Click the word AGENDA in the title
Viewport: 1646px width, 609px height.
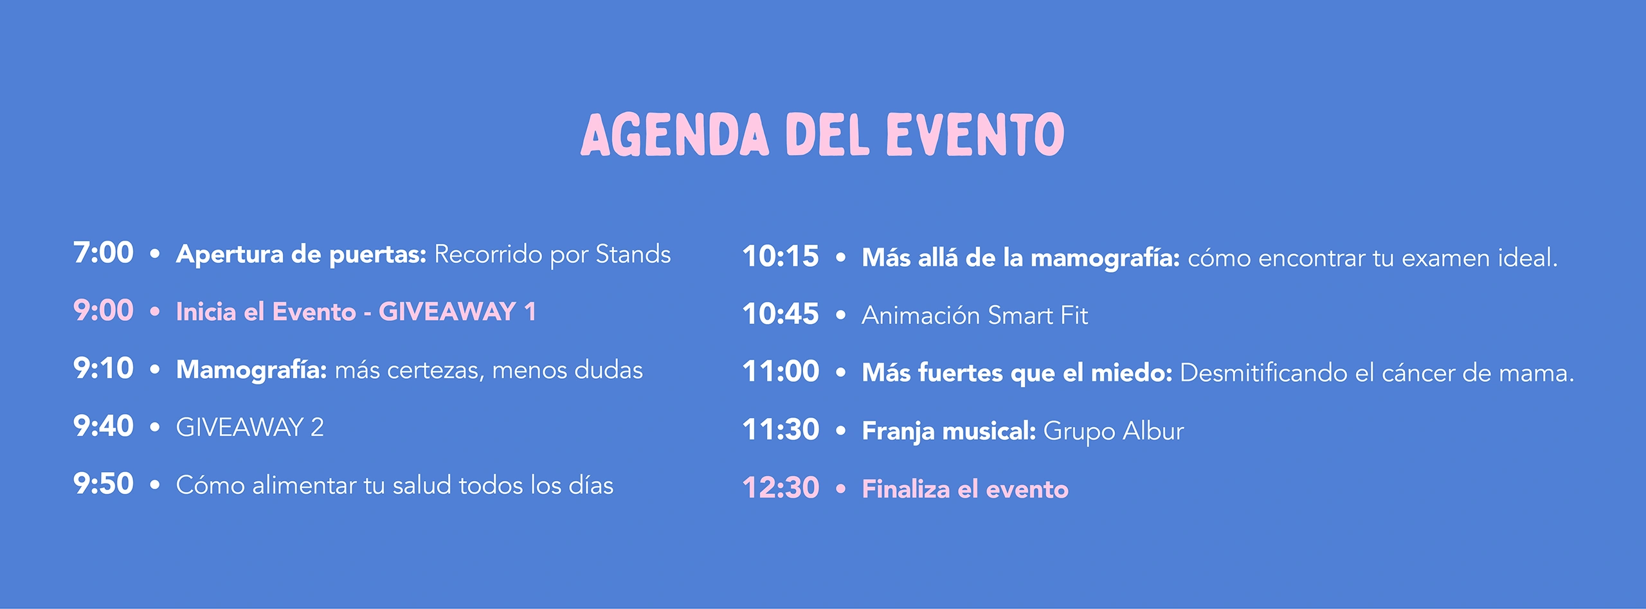tap(674, 134)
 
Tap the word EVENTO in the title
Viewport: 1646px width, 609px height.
tap(975, 134)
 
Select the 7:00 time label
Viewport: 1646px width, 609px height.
tap(104, 253)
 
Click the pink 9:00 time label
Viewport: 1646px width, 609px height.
tap(104, 311)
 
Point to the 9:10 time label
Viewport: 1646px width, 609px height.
tap(104, 368)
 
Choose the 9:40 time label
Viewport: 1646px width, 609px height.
tap(104, 426)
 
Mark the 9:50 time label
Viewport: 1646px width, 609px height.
tap(104, 484)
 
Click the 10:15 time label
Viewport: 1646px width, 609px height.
tap(781, 257)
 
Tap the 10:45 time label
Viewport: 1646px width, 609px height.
tap(781, 314)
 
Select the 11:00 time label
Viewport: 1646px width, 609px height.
tap(781, 372)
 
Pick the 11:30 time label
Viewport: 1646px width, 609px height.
tap(781, 430)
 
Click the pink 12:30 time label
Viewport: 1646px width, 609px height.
tap(781, 488)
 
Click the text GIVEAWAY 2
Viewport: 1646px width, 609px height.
tap(250, 428)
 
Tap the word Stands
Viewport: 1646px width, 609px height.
tap(633, 254)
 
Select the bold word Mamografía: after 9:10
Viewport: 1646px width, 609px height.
tap(252, 370)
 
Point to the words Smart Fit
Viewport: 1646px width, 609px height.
tap(1038, 316)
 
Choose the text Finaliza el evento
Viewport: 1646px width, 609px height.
tap(965, 489)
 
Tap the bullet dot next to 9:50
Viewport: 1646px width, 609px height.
tap(154, 485)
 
